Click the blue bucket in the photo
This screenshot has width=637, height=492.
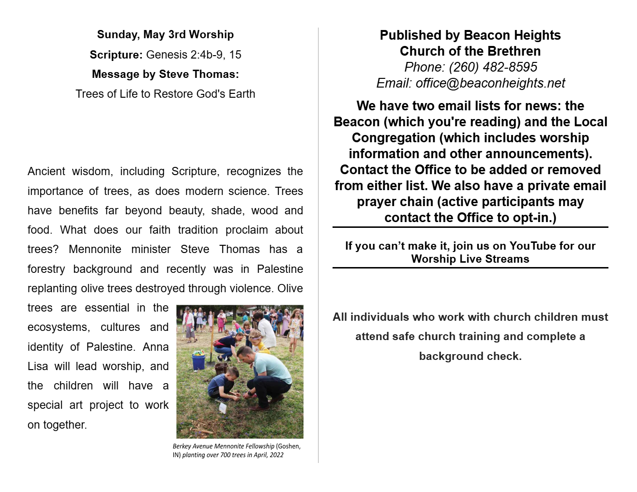click(198, 361)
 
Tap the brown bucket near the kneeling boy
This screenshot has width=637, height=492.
click(221, 370)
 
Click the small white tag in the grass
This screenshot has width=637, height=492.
click(223, 407)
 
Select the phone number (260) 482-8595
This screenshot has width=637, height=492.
click(493, 67)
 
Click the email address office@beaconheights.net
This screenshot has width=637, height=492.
click(490, 83)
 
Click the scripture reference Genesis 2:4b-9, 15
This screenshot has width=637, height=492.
click(194, 55)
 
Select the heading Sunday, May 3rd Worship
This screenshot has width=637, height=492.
click(165, 35)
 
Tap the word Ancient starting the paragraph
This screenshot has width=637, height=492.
click(46, 171)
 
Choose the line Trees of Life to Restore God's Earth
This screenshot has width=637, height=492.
click(165, 94)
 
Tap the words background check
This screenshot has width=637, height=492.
click(470, 357)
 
